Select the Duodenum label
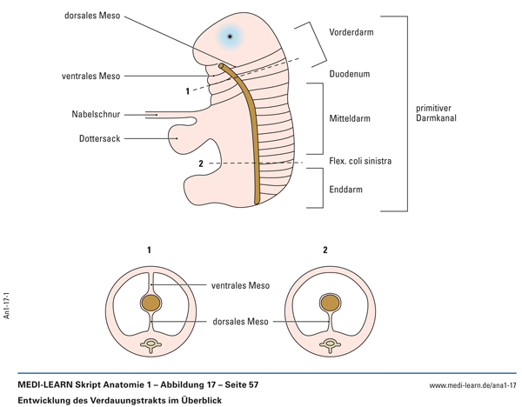(x=349, y=75)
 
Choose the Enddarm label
(x=345, y=189)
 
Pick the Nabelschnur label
(x=97, y=114)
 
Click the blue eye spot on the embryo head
(x=230, y=37)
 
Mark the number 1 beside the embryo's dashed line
(x=188, y=90)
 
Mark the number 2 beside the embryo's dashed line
(x=200, y=163)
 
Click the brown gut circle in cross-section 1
(x=151, y=304)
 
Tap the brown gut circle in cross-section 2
(x=330, y=304)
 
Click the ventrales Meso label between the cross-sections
(x=240, y=285)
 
